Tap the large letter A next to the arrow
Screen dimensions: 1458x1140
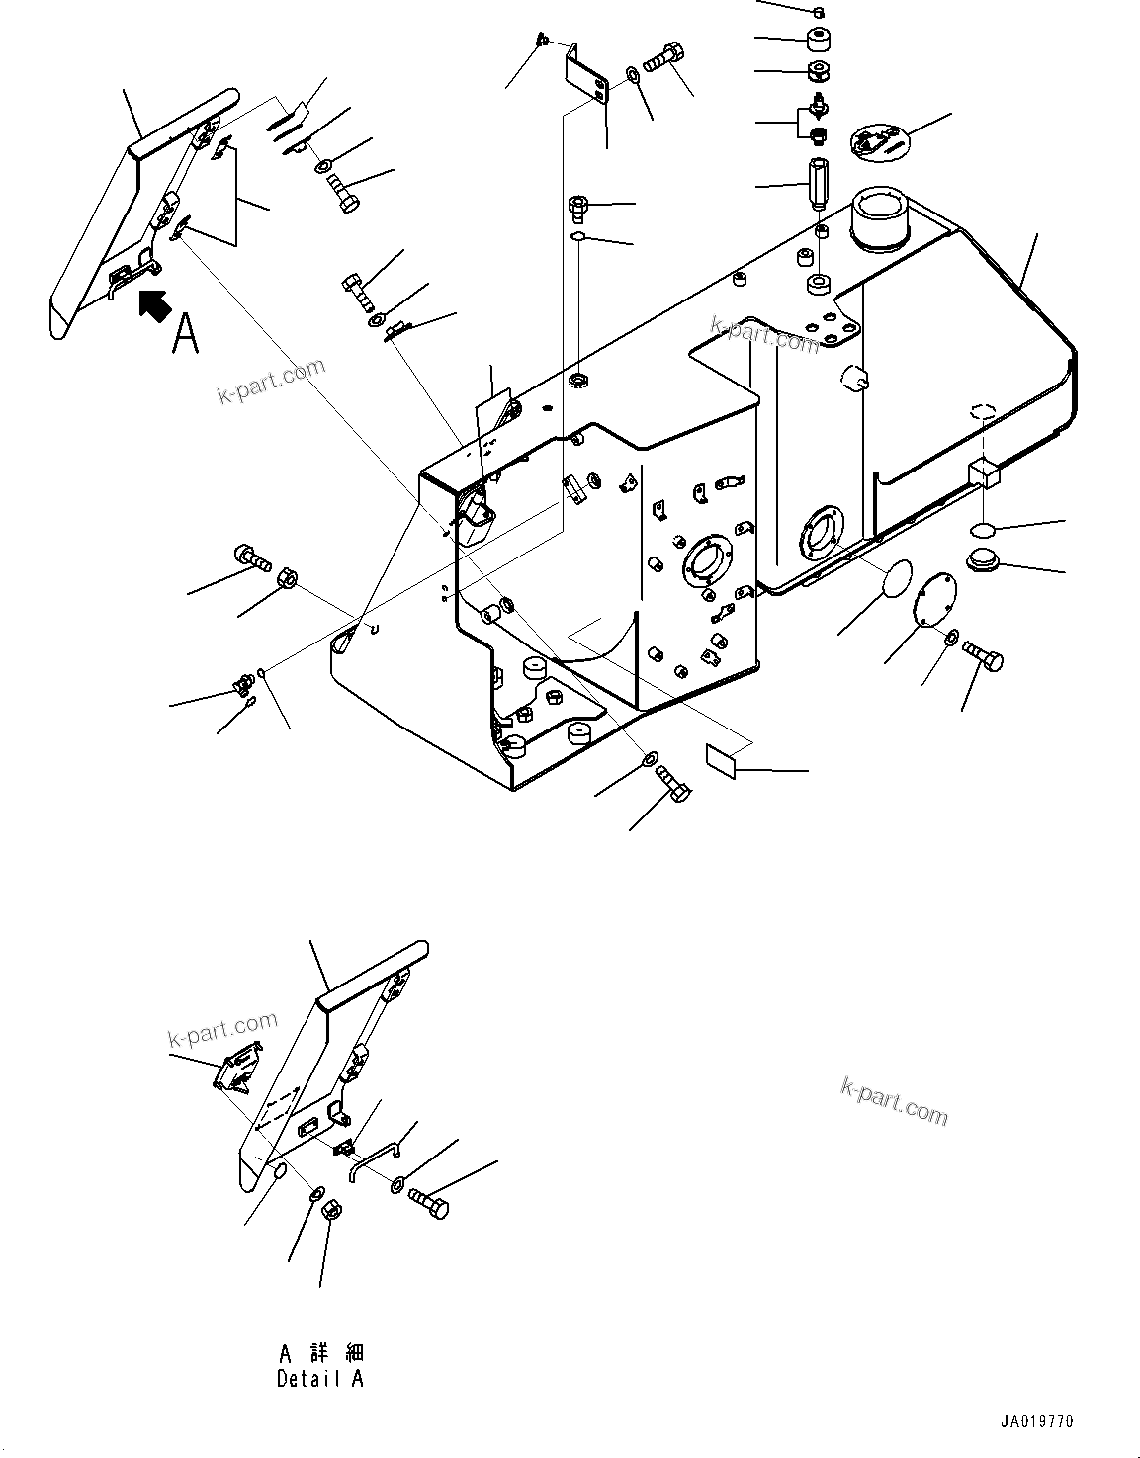(185, 333)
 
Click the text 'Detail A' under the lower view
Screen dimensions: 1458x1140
(319, 1378)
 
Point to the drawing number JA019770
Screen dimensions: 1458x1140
(1034, 1421)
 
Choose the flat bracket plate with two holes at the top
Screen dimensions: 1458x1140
(587, 76)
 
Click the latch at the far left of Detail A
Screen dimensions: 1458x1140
(238, 1069)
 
